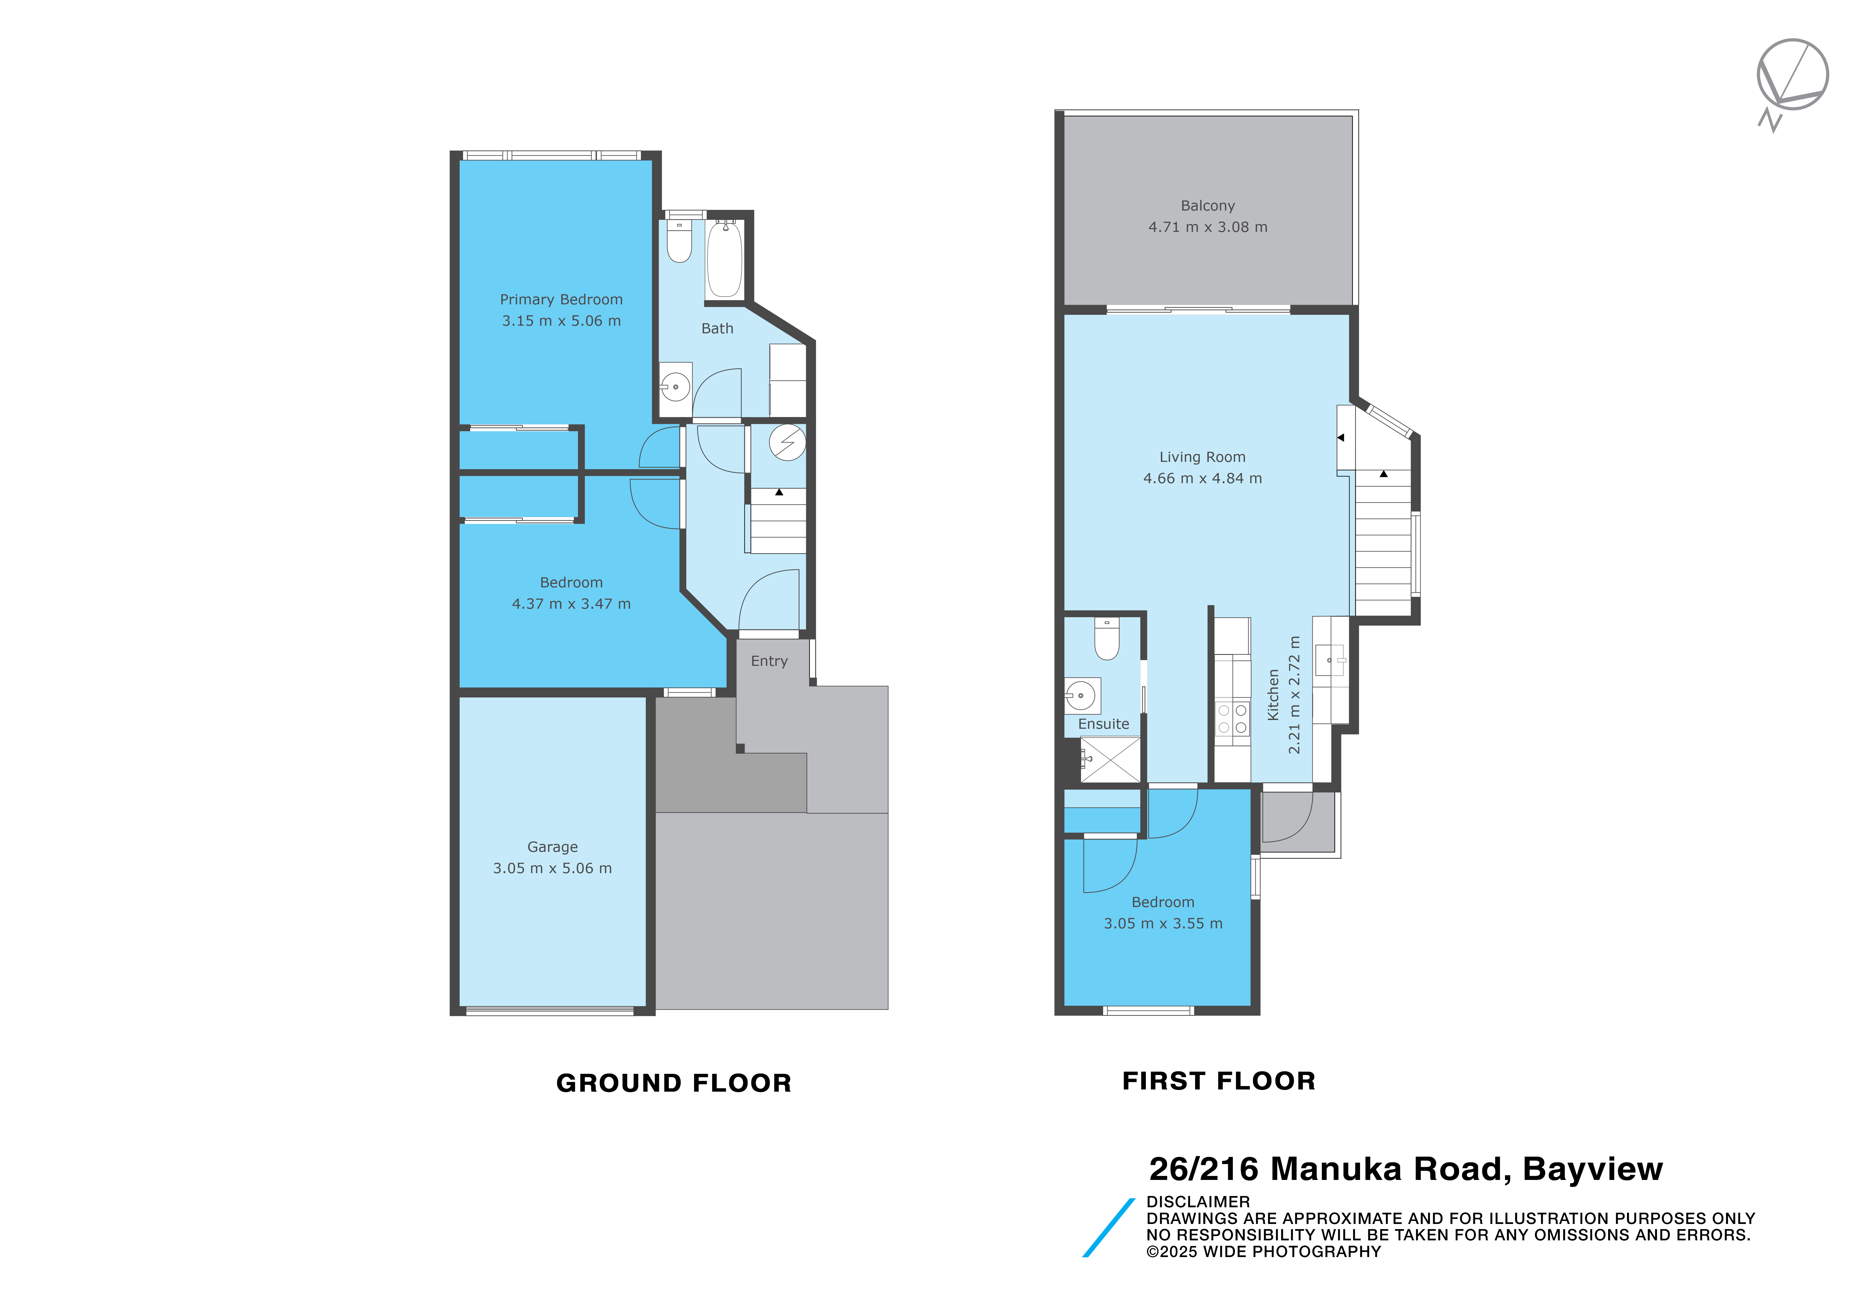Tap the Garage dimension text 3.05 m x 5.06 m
point(553,868)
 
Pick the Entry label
point(769,661)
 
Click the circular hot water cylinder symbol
point(787,443)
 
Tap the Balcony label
point(1208,206)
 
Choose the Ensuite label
point(1103,724)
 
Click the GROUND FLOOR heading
point(674,1083)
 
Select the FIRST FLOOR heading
point(1219,1081)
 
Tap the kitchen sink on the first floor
point(1330,660)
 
